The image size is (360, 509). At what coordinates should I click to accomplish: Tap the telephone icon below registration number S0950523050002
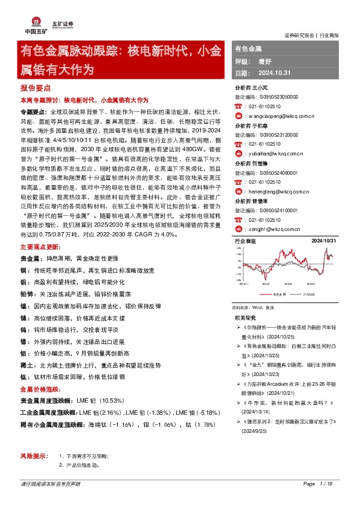[238, 106]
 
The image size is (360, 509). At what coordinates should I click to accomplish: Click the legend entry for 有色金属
[279, 294]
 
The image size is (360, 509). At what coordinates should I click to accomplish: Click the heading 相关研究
[245, 317]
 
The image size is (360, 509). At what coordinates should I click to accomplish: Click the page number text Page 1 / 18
[318, 501]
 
